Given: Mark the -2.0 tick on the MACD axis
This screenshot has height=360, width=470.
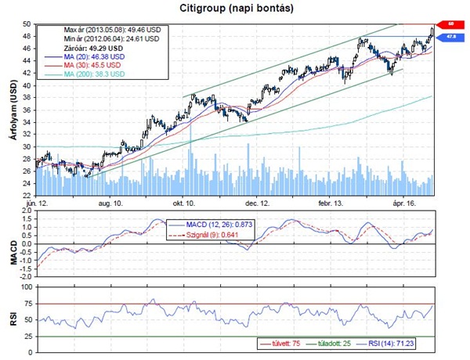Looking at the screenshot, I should [x=27, y=278].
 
